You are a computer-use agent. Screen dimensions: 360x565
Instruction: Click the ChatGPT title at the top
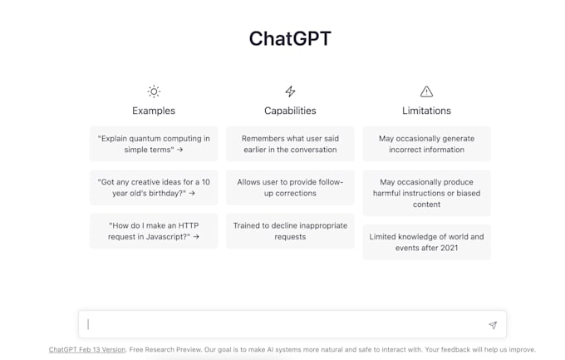290,39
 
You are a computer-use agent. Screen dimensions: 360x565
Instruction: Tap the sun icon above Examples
154,91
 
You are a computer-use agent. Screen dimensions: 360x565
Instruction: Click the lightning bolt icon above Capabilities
290,91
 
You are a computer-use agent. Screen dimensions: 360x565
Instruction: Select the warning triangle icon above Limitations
426,91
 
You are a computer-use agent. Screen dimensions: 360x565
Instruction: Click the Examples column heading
154,111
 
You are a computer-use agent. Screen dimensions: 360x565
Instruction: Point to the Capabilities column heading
290,111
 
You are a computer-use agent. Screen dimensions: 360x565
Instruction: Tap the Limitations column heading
426,111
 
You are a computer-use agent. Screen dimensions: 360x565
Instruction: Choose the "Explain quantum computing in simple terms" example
154,144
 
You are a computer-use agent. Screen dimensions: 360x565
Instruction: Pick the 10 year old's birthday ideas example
154,187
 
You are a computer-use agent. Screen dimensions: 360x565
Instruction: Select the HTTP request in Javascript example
154,230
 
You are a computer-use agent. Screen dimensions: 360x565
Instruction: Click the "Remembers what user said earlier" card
290,144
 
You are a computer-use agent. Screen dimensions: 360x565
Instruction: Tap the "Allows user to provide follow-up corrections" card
290,187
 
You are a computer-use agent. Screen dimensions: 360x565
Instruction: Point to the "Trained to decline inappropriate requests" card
290,230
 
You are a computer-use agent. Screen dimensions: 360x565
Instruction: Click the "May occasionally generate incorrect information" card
426,144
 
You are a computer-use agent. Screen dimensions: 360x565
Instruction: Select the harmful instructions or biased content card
426,193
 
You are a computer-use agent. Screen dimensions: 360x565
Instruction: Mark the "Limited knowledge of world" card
426,242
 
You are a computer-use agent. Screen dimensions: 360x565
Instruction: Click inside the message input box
282,324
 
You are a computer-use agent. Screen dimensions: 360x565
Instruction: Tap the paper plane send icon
493,325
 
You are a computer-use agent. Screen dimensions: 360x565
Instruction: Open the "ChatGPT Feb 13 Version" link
87,350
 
